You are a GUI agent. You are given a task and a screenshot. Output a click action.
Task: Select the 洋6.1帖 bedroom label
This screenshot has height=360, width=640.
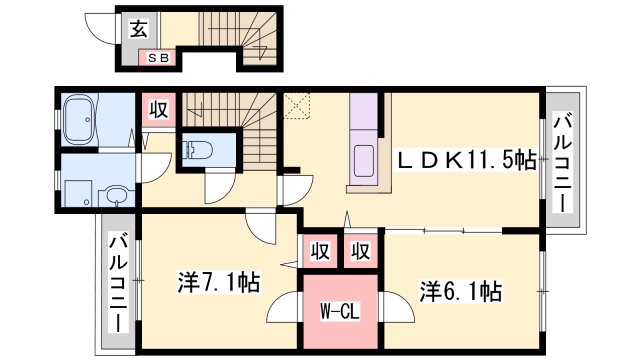pos(460,292)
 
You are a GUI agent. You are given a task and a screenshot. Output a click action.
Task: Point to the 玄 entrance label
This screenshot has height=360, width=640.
pos(136,29)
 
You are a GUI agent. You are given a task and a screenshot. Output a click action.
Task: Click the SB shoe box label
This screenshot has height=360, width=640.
pos(159,57)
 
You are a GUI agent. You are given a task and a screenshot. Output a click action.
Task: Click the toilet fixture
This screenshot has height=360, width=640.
pos(196,151)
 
